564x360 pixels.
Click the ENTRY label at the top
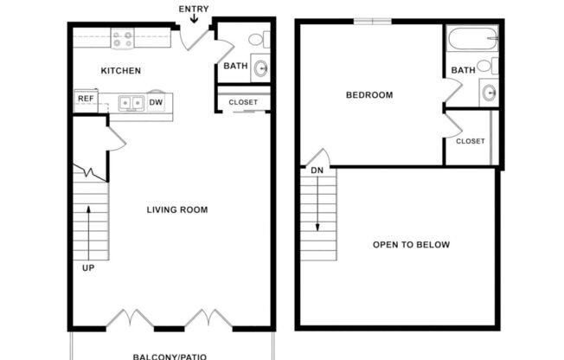(x=193, y=9)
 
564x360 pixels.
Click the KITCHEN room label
(x=121, y=71)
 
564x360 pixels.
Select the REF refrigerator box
(x=86, y=100)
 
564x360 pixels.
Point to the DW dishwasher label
(x=156, y=102)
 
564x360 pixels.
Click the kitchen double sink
(x=131, y=103)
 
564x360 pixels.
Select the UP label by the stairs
(x=88, y=267)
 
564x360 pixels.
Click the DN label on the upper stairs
(x=317, y=171)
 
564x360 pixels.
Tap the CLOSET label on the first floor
(x=243, y=102)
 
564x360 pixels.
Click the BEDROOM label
(x=369, y=95)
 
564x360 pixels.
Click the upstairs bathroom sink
(x=489, y=93)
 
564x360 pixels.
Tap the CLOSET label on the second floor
(x=470, y=141)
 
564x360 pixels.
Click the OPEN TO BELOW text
(x=411, y=245)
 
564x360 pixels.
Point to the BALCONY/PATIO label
(x=170, y=356)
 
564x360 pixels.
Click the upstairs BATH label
(x=463, y=70)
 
